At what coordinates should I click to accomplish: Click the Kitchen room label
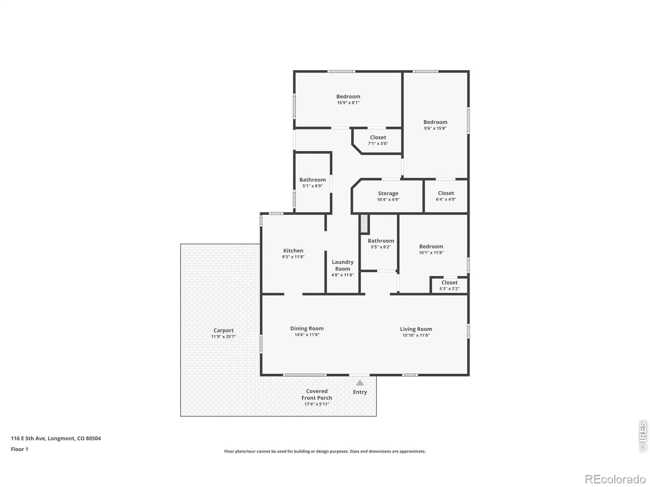click(293, 250)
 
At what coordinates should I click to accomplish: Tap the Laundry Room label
click(342, 265)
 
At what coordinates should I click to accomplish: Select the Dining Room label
click(307, 328)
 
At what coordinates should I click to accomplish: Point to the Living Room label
click(416, 329)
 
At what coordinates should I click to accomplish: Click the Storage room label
click(388, 194)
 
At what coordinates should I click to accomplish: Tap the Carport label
click(223, 330)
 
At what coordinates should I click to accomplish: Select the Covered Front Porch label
click(316, 394)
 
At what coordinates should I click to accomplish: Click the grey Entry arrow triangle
click(360, 383)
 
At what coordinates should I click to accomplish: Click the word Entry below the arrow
click(360, 392)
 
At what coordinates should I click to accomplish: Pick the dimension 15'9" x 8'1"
click(348, 103)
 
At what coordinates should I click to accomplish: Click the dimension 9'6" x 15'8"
click(435, 128)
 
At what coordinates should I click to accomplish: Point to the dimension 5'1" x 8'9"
click(312, 186)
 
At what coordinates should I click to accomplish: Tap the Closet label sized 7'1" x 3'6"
click(378, 137)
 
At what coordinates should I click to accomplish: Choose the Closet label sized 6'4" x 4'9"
click(446, 193)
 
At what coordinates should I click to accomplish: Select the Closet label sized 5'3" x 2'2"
click(449, 282)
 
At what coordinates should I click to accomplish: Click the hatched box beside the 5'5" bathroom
click(364, 224)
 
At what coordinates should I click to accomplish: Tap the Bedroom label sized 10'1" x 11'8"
click(431, 246)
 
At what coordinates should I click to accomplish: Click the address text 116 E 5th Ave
click(28, 438)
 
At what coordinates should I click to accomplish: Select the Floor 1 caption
click(19, 449)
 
